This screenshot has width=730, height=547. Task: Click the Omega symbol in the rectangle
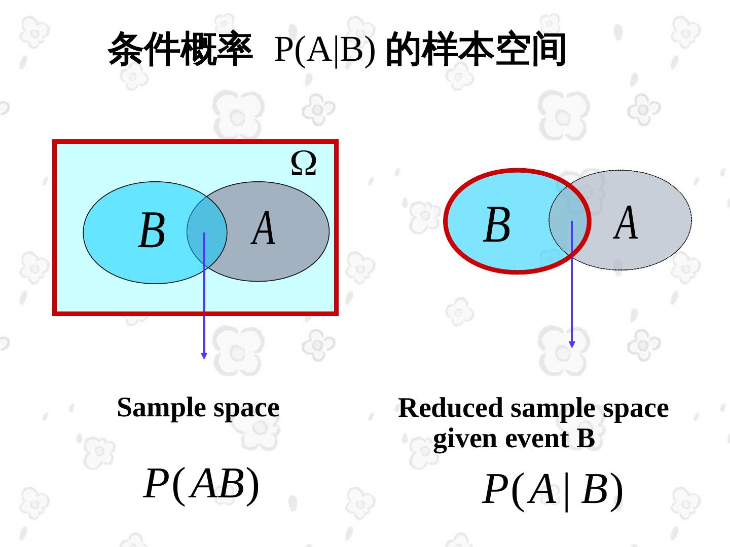click(x=304, y=164)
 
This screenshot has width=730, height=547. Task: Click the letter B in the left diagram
click(x=152, y=230)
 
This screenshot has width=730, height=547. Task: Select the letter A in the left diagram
click(x=264, y=228)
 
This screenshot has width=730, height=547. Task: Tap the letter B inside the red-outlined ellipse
click(x=497, y=225)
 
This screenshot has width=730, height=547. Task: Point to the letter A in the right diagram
click(x=626, y=222)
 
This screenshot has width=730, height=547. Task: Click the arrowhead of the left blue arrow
click(x=204, y=356)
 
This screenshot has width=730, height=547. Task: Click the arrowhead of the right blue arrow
click(x=572, y=344)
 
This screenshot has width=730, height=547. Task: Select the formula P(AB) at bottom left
click(x=201, y=484)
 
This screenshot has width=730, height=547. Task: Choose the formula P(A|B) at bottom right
click(x=553, y=490)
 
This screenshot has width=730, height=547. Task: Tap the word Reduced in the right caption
click(x=451, y=408)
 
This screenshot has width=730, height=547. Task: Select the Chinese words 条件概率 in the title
click(x=180, y=49)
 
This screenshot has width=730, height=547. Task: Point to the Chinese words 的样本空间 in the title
click(x=476, y=49)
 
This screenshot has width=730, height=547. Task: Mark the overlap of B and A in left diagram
click(x=207, y=230)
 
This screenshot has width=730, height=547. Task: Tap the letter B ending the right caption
click(x=586, y=439)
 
